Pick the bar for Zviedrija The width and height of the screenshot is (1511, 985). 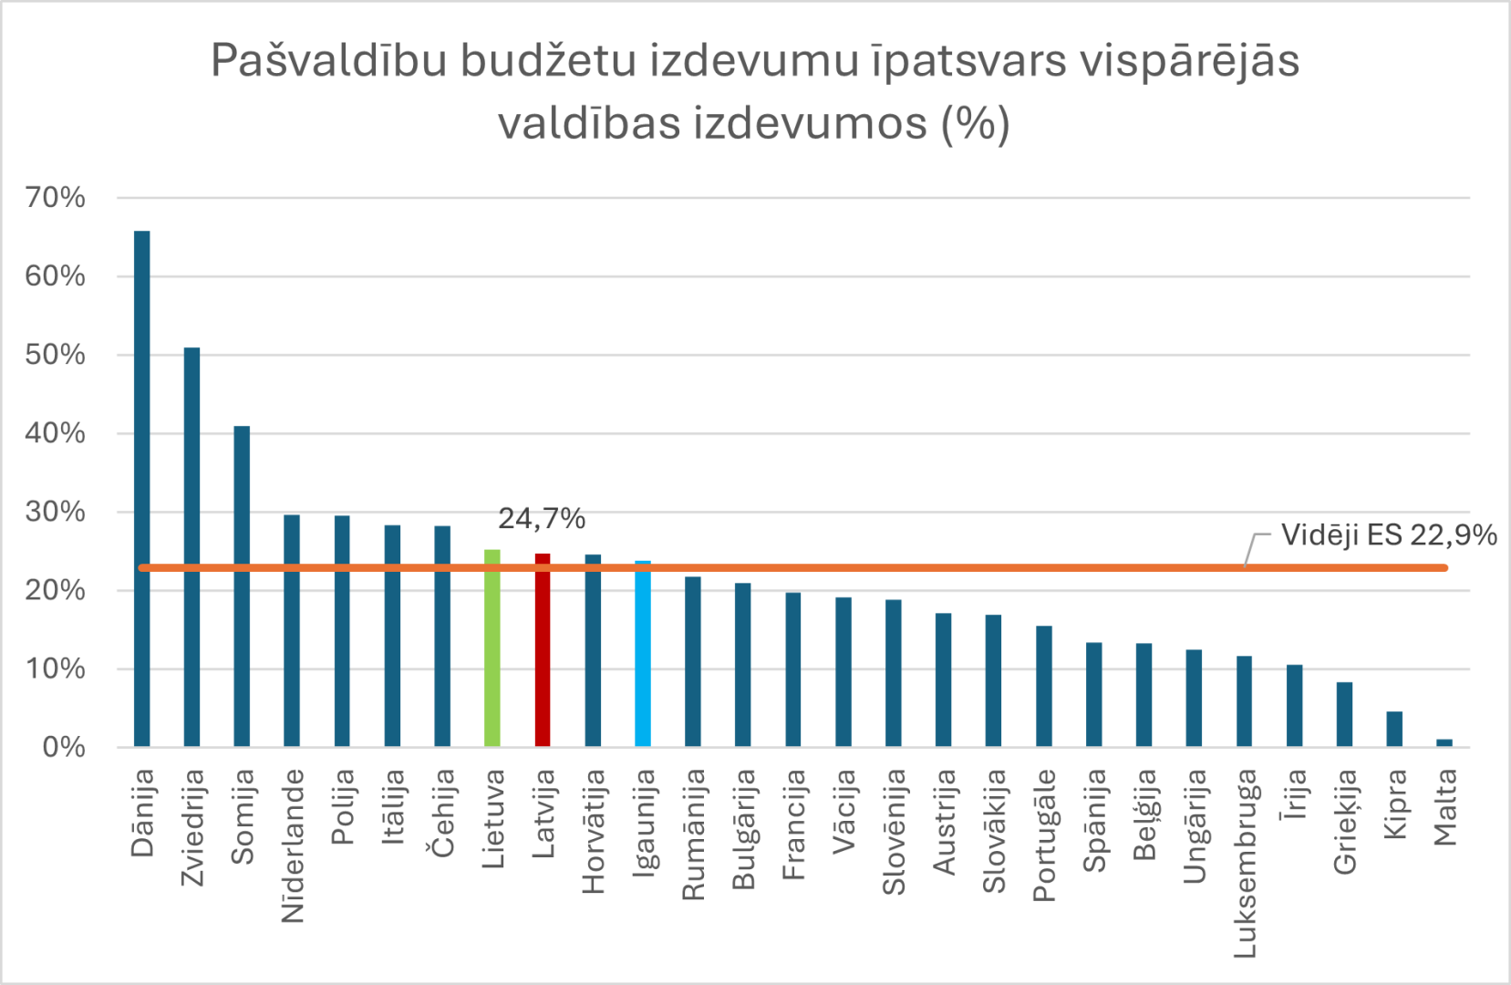coord(191,547)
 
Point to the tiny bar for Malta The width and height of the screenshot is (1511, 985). coord(1444,742)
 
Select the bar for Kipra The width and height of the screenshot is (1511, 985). coord(1394,729)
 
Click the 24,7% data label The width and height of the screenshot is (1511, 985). coord(542,519)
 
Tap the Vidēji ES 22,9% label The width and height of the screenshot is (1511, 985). coord(1388,535)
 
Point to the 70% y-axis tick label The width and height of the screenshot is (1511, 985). coord(56,197)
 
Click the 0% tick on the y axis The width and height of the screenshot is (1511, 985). coord(64,747)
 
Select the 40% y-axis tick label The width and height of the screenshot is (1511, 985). coord(56,433)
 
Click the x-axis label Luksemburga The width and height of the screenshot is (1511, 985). coord(1245,863)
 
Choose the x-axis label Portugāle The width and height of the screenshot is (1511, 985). coord(1044,835)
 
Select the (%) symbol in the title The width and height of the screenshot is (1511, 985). coord(975,123)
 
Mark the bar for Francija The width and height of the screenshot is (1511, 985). coord(793,669)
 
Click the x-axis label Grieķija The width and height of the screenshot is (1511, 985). coord(1345,822)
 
